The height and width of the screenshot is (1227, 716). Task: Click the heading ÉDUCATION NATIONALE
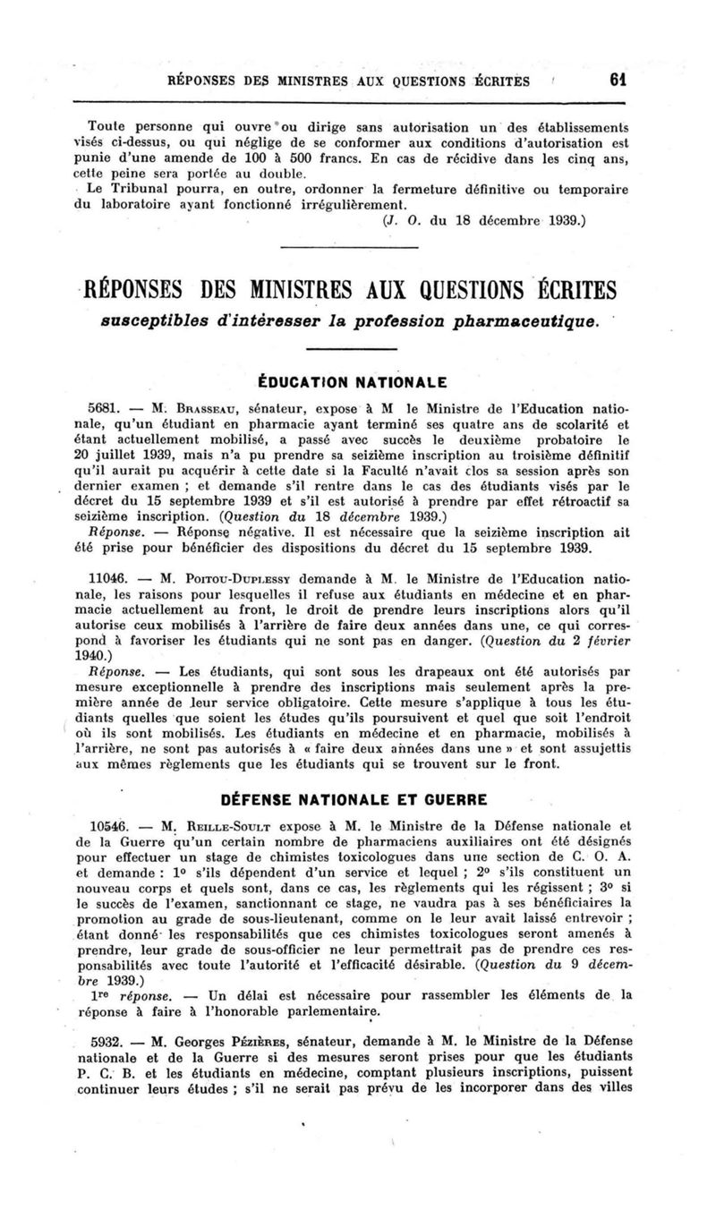(358, 379)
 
